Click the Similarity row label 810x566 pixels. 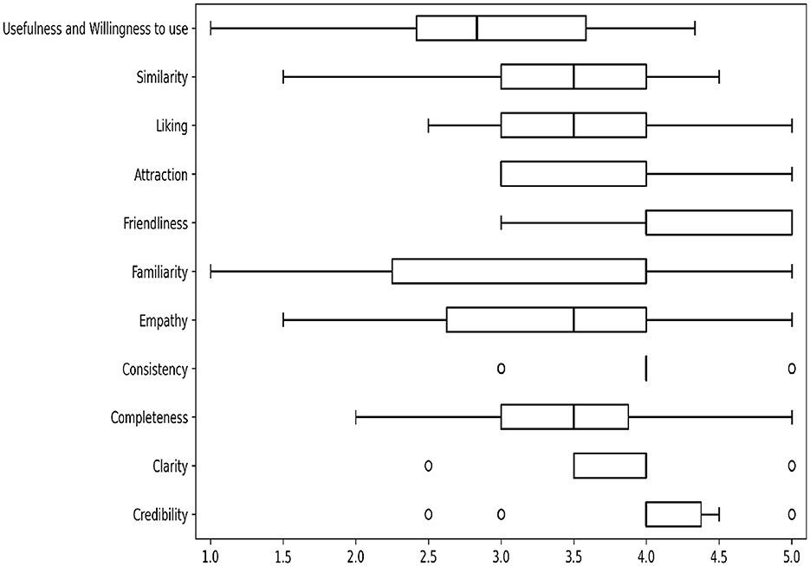[x=162, y=78]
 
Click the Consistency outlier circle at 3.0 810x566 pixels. [x=501, y=369]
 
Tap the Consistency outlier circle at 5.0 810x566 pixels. [x=792, y=369]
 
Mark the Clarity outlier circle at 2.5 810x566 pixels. [x=428, y=466]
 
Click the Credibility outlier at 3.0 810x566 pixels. [x=501, y=514]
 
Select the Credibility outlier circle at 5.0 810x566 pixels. [x=792, y=514]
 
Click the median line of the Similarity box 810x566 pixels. [x=573, y=77]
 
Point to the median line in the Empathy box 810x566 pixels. [x=573, y=320]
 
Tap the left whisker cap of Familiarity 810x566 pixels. [x=211, y=272]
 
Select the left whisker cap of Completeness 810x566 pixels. [x=356, y=417]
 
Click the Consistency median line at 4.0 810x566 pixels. [x=646, y=369]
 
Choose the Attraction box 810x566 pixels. [x=573, y=174]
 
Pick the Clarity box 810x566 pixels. [x=610, y=466]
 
